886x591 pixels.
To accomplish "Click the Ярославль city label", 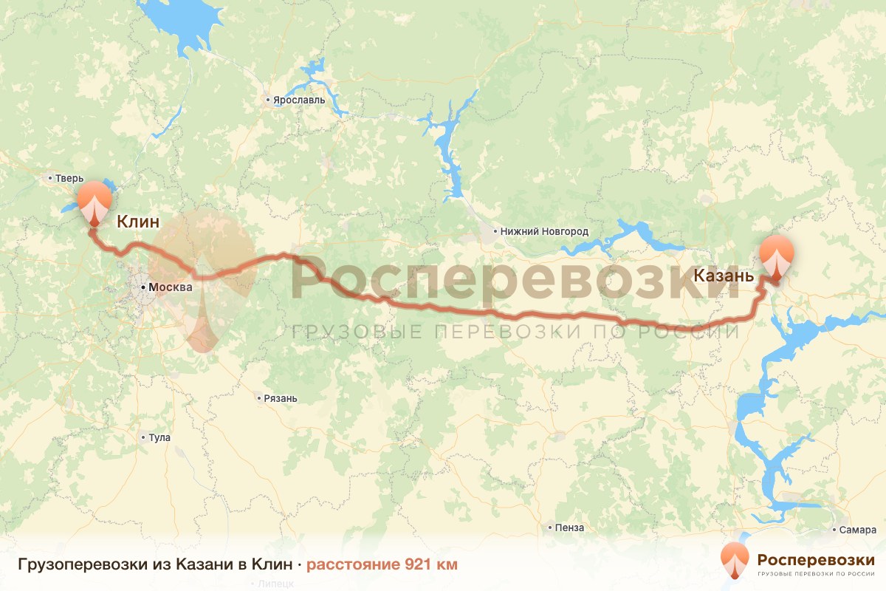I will click(x=299, y=100).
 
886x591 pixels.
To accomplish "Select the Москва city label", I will click(x=170, y=287).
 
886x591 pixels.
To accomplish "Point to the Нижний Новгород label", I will click(x=544, y=231).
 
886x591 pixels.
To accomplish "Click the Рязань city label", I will click(x=281, y=399).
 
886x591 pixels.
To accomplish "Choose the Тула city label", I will click(x=159, y=437).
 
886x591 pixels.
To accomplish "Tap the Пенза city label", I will click(x=571, y=528).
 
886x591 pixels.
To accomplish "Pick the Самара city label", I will click(x=857, y=530).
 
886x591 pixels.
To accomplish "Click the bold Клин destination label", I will click(x=138, y=220).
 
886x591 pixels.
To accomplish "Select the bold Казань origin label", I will click(x=724, y=277).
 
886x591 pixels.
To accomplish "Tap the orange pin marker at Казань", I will click(x=777, y=257).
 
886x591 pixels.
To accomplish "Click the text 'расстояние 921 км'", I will click(x=382, y=564).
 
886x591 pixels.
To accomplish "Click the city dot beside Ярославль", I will click(x=268, y=100).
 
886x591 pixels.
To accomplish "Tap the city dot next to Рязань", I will click(x=259, y=399).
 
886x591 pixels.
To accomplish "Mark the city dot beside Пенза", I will click(x=551, y=528).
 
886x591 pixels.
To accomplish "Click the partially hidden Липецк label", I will click(x=276, y=583).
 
